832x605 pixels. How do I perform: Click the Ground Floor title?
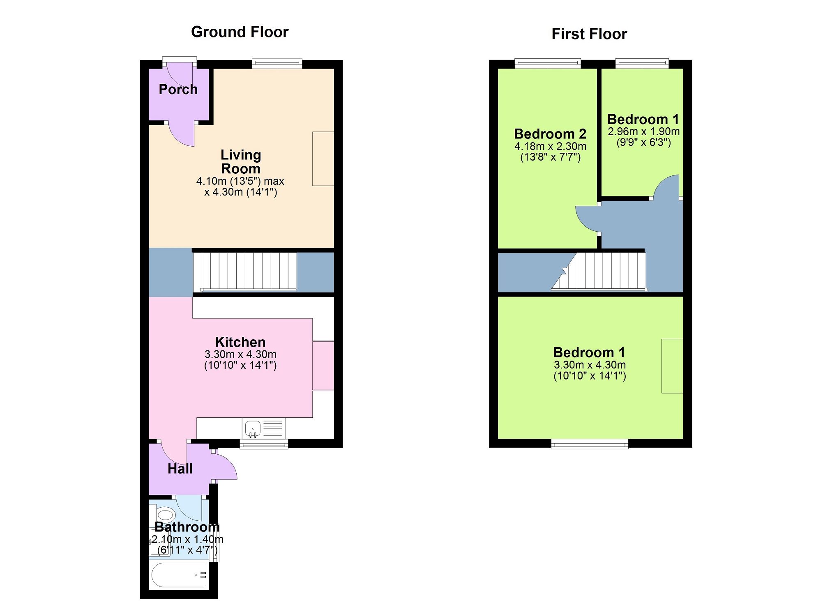(240, 32)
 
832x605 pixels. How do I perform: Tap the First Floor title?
(589, 34)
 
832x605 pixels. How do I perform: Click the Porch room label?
(178, 89)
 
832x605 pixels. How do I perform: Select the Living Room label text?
(241, 161)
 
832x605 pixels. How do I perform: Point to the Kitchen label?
(240, 342)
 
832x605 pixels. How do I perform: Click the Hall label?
(180, 469)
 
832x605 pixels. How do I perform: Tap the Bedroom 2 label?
(550, 134)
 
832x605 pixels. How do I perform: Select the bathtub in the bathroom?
(178, 575)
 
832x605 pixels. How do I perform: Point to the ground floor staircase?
(245, 272)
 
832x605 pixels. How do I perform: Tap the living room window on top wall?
(277, 63)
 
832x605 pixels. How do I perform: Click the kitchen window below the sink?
(264, 444)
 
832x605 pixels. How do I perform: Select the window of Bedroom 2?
(548, 63)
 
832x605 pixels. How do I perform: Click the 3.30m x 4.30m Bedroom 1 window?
(590, 444)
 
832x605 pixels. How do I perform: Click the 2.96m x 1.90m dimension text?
(643, 132)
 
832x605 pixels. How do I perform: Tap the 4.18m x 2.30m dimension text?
(550, 147)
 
